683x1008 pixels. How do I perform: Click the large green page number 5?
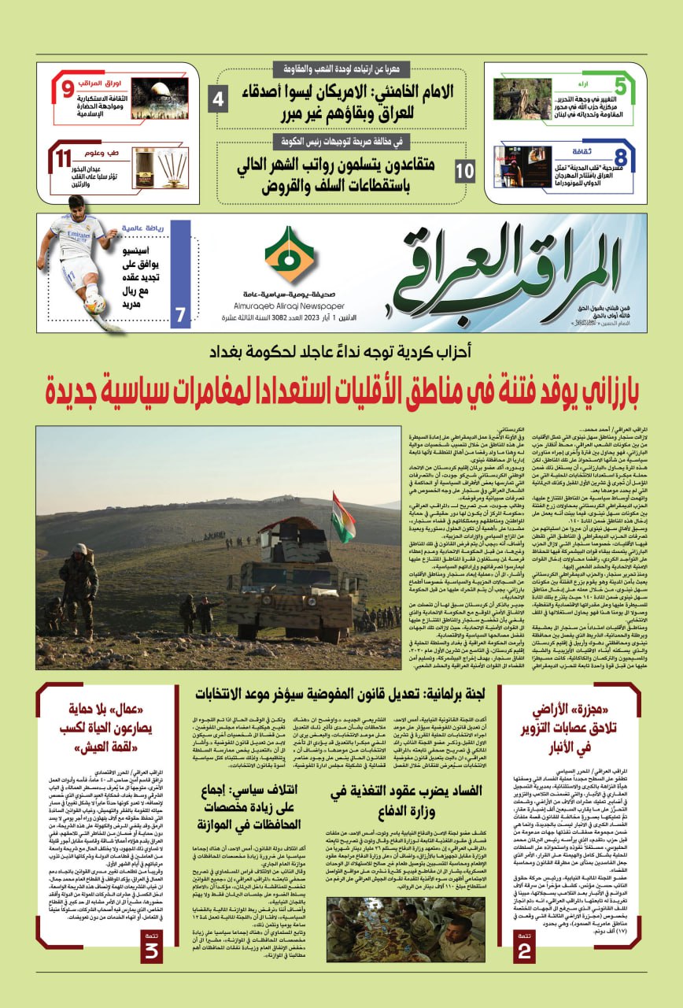pyautogui.click(x=621, y=87)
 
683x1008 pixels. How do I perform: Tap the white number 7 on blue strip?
pyautogui.click(x=180, y=315)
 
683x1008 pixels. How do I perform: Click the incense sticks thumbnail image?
pyautogui.click(x=160, y=167)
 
